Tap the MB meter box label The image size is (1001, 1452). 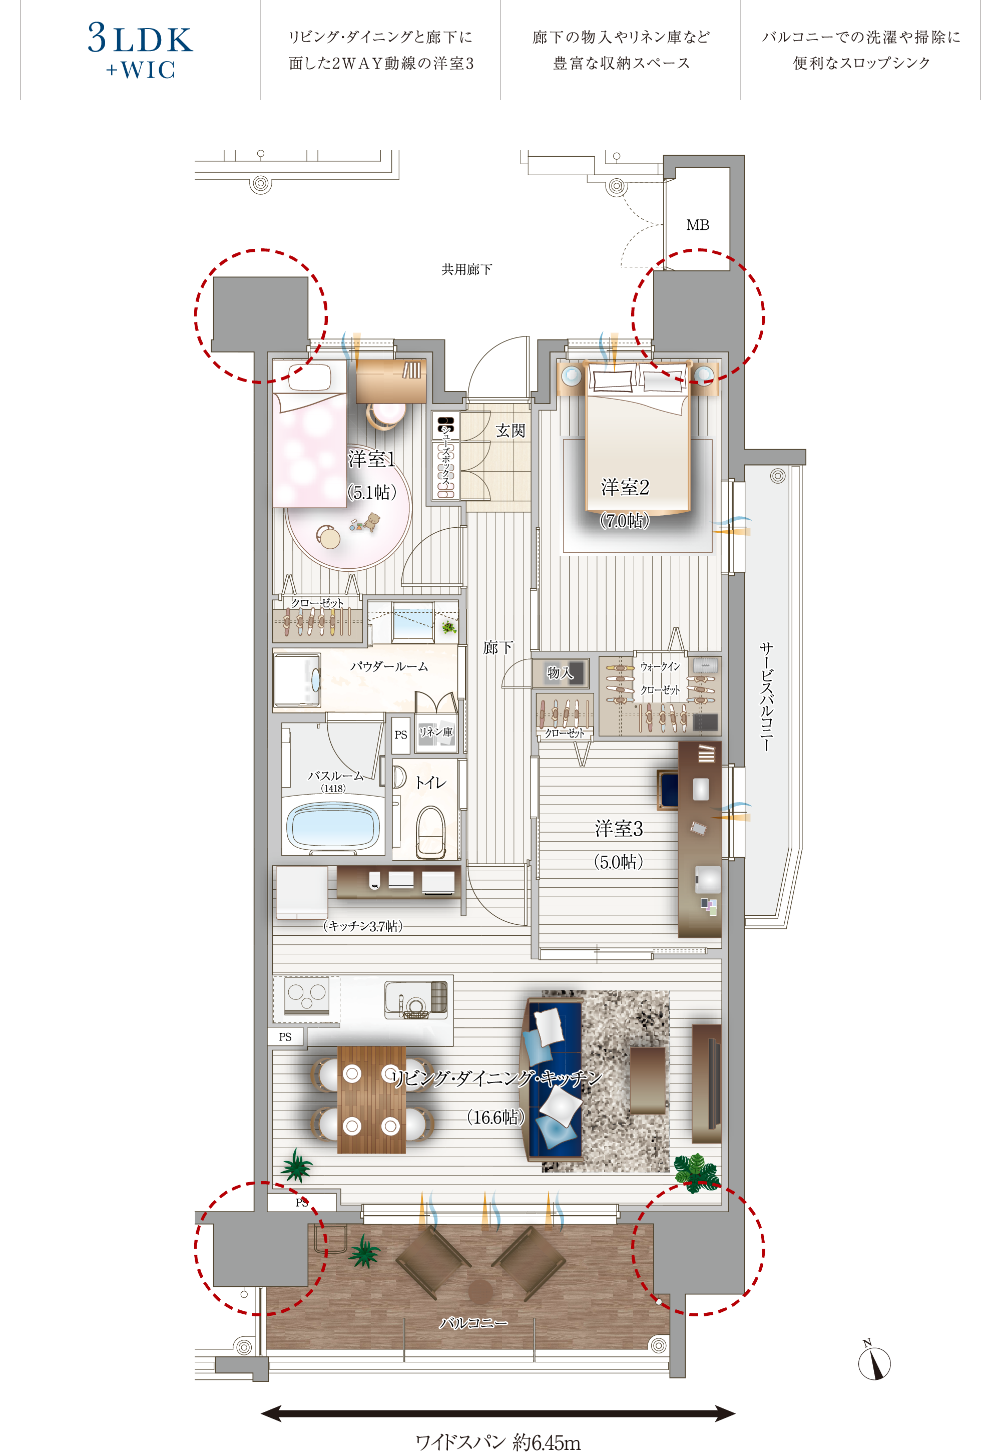(x=697, y=225)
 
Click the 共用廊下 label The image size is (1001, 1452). (x=466, y=269)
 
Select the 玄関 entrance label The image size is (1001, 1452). (x=510, y=431)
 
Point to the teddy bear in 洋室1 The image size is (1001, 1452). (x=372, y=521)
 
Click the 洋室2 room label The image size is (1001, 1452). (x=625, y=487)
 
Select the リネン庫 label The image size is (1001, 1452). (x=435, y=732)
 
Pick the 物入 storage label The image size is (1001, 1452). (x=560, y=672)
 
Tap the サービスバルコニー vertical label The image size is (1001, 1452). (x=766, y=696)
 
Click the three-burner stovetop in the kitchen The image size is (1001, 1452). (x=307, y=996)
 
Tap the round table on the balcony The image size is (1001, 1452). (x=480, y=1291)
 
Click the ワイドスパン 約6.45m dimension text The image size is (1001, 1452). (x=498, y=1442)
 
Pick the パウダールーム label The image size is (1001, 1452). (x=389, y=666)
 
